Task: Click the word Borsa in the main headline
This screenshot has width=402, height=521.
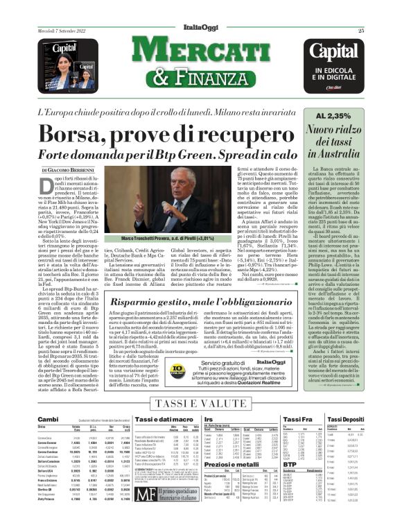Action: click(105, 133)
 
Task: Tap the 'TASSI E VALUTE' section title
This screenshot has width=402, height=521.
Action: click(201, 404)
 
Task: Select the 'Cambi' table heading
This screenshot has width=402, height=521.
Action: click(49, 420)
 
